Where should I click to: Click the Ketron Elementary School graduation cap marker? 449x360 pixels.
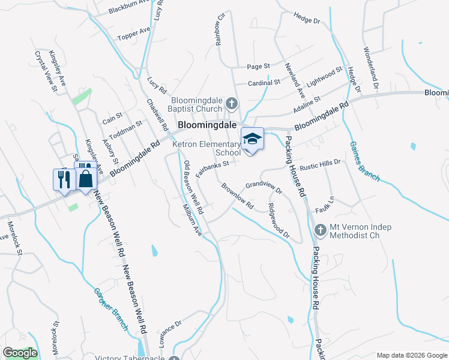pos(253,139)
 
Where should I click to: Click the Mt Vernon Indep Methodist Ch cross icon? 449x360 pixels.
pos(319,230)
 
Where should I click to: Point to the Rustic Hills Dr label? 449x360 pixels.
pos(320,163)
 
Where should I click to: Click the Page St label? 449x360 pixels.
pos(259,66)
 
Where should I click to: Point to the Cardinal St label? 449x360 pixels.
pos(264,83)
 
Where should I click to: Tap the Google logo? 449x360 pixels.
pos(20,353)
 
